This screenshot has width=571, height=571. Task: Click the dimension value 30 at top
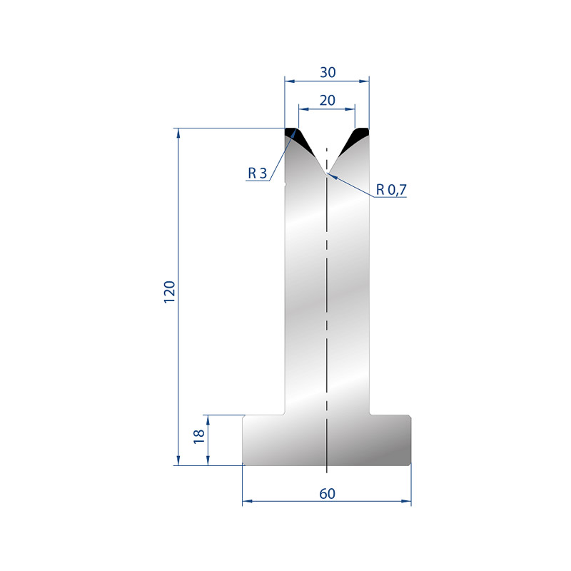[x=328, y=73]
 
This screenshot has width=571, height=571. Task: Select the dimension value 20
[x=327, y=100]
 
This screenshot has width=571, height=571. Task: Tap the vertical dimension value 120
[x=170, y=292]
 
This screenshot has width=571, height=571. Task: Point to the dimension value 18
[x=199, y=436]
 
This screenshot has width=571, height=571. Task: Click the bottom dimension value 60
[x=327, y=493]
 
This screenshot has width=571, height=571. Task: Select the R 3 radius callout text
[x=257, y=173]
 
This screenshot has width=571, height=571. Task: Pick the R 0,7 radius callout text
[x=391, y=189]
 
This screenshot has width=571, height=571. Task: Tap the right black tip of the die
[x=355, y=139]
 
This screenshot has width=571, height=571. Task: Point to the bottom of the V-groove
[x=327, y=173]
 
